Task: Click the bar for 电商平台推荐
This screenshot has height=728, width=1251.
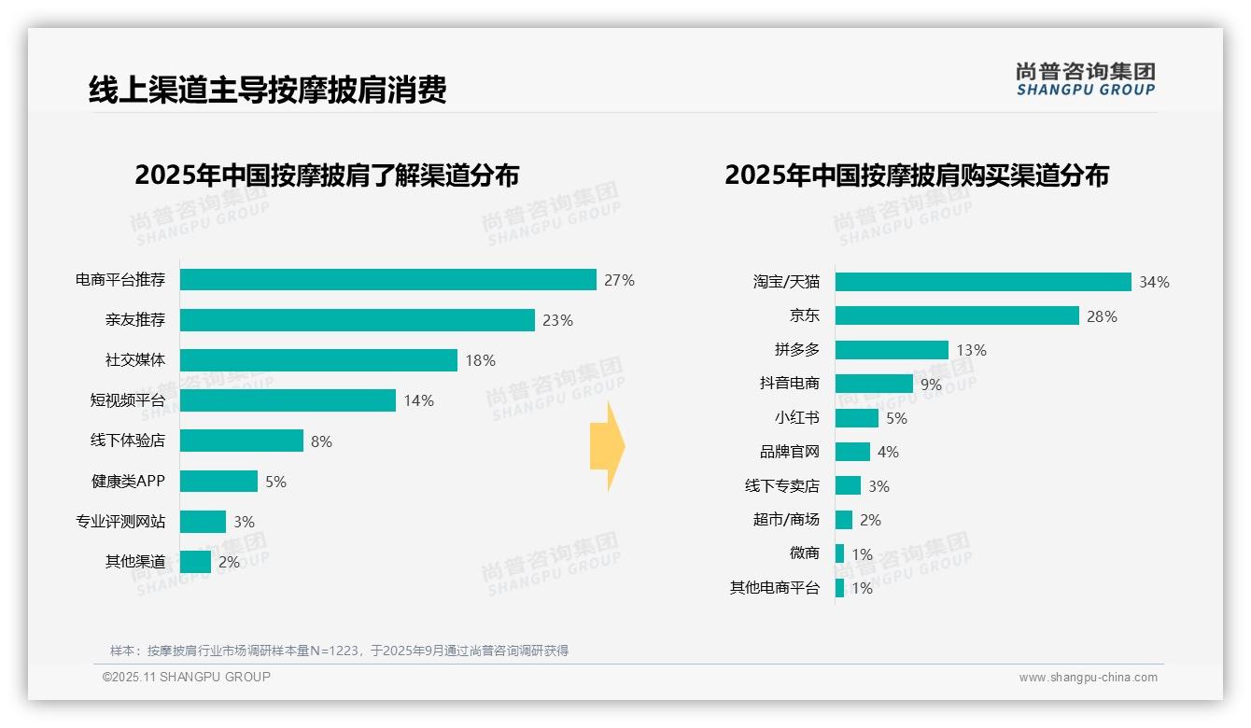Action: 387,280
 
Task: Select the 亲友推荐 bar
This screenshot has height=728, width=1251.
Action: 357,320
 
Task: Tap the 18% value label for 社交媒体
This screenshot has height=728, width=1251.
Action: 480,361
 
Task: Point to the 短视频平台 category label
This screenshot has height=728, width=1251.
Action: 128,400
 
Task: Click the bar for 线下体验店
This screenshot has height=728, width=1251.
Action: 242,441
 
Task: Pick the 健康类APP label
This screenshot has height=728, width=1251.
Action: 128,482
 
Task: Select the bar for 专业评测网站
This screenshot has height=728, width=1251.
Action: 203,522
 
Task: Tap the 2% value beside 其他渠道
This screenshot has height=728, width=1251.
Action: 229,563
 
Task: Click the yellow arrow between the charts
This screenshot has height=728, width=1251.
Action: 608,447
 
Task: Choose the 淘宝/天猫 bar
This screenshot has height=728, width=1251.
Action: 983,282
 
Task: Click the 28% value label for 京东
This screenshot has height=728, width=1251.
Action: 1102,316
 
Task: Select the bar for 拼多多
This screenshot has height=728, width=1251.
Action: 892,350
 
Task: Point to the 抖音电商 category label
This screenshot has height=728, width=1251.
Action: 789,384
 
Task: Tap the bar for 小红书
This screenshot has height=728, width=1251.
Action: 857,418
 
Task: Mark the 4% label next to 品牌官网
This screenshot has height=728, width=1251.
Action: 888,453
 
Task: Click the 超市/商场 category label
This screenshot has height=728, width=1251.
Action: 786,520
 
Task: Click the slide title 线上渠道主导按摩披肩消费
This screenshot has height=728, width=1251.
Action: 268,90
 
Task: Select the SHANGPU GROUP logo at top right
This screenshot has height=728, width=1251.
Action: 1085,78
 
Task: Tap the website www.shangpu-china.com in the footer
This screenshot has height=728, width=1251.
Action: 1088,678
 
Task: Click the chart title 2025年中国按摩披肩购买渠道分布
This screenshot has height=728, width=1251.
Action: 916,175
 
